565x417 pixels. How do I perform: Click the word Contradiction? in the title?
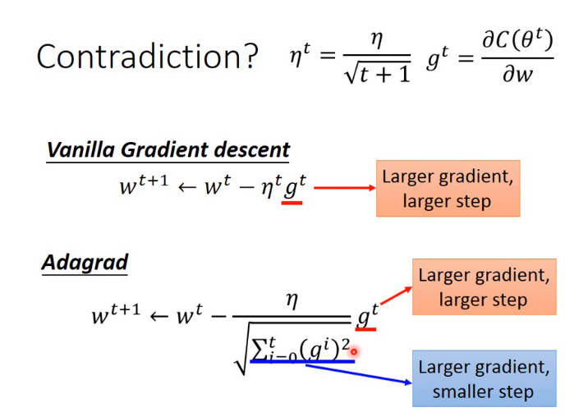(147, 56)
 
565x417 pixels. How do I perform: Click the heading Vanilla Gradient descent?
(168, 149)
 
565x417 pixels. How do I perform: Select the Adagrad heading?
(85, 263)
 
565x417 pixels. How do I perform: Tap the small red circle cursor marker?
(354, 351)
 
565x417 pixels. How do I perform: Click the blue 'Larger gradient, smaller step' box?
(485, 378)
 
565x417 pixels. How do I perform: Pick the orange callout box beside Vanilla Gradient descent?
(448, 188)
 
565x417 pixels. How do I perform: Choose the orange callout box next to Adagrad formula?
(485, 286)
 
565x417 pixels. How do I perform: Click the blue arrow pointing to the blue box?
(359, 373)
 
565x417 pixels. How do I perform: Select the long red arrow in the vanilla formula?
(345, 188)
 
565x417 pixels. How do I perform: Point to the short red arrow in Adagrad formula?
(397, 296)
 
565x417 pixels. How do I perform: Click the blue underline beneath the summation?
(302, 361)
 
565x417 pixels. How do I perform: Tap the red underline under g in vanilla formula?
(292, 203)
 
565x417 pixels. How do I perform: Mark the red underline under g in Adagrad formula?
(365, 329)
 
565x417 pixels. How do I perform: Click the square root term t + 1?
(377, 73)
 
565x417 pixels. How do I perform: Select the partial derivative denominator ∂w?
(517, 74)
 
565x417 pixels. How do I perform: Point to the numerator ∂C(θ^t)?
(517, 40)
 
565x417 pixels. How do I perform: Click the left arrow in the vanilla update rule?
(187, 187)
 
